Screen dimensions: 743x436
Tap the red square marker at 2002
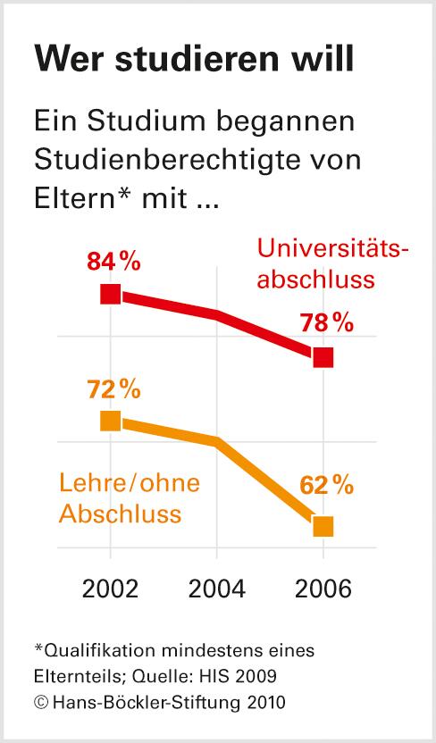point(110,294)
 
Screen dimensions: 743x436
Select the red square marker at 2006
point(323,357)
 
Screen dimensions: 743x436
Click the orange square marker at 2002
point(110,421)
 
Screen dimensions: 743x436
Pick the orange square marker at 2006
point(323,526)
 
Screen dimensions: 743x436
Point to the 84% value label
point(113,262)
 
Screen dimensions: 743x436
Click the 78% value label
point(326,323)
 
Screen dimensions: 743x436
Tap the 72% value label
point(113,389)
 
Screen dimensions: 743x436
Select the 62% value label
point(326,487)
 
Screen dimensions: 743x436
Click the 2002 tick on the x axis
point(110,590)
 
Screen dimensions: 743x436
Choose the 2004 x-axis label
point(216,590)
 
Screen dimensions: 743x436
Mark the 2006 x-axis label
point(323,590)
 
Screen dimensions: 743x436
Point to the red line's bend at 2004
point(216,314)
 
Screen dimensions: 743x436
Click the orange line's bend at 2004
point(216,441)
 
